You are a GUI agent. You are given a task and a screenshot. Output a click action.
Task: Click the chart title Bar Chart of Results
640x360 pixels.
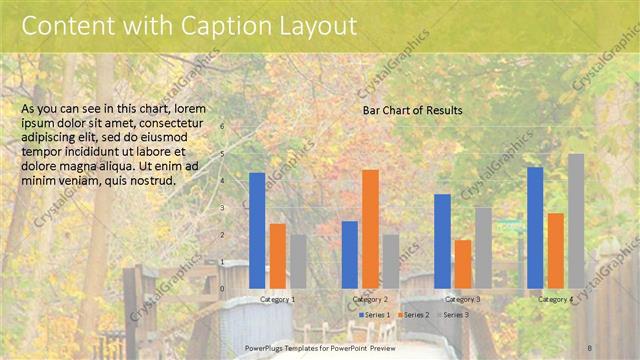412,111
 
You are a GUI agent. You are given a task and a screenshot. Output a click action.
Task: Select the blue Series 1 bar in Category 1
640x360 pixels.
257,230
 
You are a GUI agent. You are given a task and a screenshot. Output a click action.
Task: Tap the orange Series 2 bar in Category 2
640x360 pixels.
370,229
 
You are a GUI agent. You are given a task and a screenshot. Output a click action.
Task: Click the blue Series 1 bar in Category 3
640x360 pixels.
442,241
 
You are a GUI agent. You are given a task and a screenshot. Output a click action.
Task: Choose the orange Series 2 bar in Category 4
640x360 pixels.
555,250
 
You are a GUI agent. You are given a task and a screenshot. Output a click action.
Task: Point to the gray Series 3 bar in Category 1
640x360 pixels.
298,261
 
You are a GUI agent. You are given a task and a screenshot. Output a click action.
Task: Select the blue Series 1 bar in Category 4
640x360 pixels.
535,227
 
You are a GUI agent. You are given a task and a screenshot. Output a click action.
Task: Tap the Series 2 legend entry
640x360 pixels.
413,315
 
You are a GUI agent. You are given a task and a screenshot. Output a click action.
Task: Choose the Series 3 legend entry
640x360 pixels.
452,315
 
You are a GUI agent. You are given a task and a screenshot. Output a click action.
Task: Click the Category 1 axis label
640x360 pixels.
277,299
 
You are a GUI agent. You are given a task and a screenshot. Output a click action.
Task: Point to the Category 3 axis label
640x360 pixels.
462,299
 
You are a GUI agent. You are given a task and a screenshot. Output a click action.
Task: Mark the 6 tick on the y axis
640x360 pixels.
222,126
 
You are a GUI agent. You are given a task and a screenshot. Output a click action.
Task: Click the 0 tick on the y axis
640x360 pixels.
222,289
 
